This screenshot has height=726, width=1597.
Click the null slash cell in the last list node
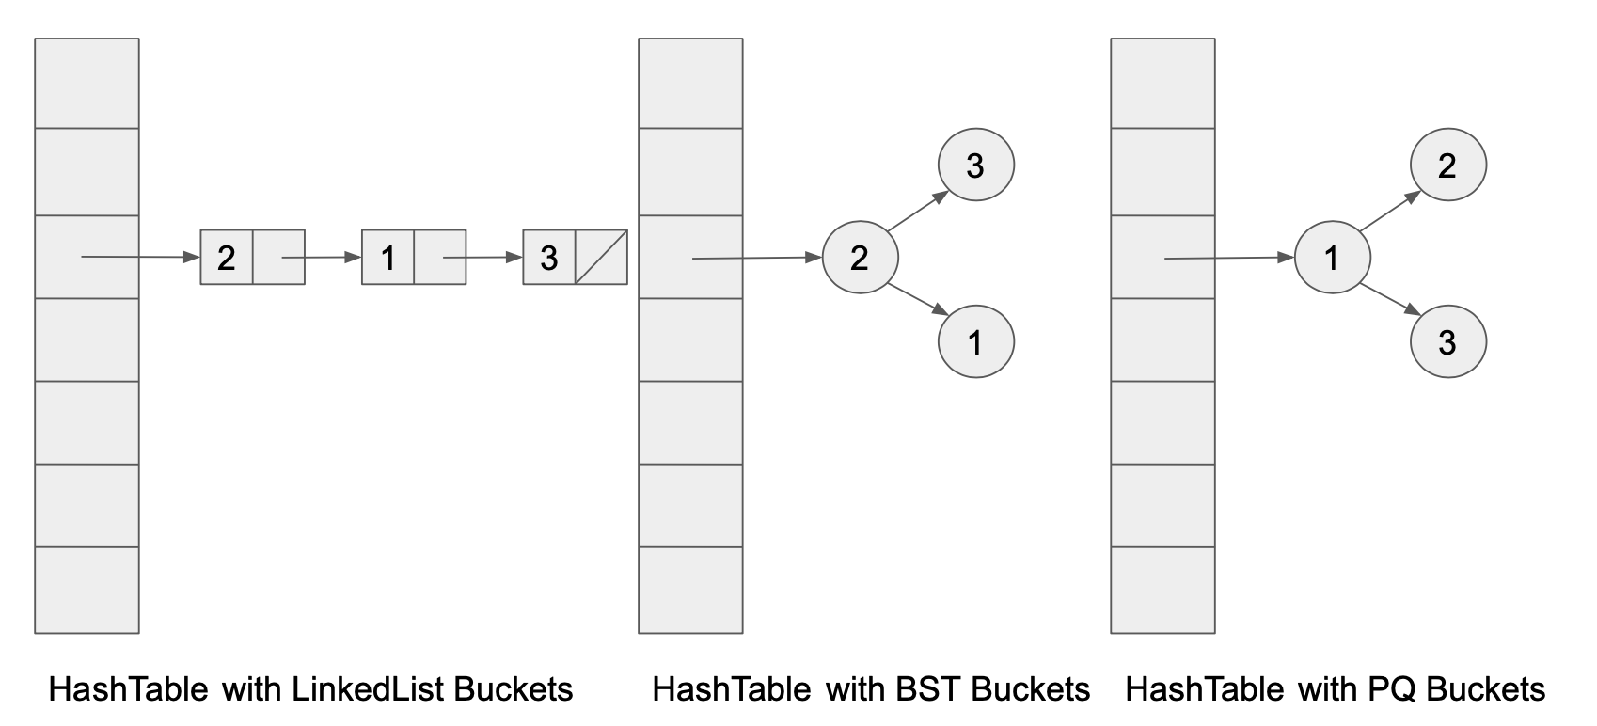coord(601,257)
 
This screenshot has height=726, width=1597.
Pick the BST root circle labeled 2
coord(860,258)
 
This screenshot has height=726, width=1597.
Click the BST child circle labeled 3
coord(975,166)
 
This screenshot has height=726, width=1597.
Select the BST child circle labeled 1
coord(975,341)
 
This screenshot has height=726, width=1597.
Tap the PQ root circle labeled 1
coord(1332,258)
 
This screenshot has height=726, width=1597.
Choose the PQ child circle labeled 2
coord(1447,166)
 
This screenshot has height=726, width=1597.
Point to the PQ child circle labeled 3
coord(1447,341)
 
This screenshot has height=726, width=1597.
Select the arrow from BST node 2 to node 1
coord(917,300)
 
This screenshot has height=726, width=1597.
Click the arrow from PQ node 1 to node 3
coord(1390,300)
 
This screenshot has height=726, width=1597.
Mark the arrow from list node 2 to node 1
coord(322,257)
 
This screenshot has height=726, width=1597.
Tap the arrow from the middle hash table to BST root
coord(757,258)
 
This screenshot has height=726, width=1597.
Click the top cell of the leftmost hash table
coord(87,83)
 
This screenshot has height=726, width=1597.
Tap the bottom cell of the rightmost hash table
coord(1162,590)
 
